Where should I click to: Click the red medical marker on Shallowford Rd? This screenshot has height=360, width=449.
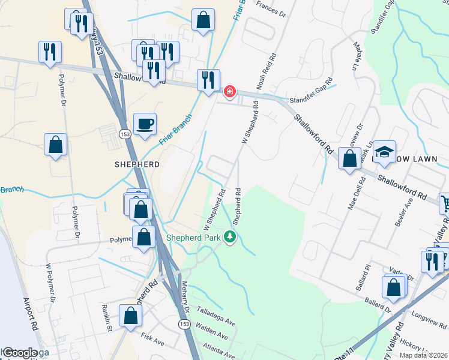point(229,92)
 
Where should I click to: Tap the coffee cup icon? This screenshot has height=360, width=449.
point(145,124)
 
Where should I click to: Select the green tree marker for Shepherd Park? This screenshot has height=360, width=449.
point(229,237)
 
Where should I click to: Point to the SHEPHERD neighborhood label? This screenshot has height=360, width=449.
point(137,164)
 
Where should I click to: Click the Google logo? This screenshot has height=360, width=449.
point(19,353)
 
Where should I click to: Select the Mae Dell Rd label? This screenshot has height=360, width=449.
point(353,195)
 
